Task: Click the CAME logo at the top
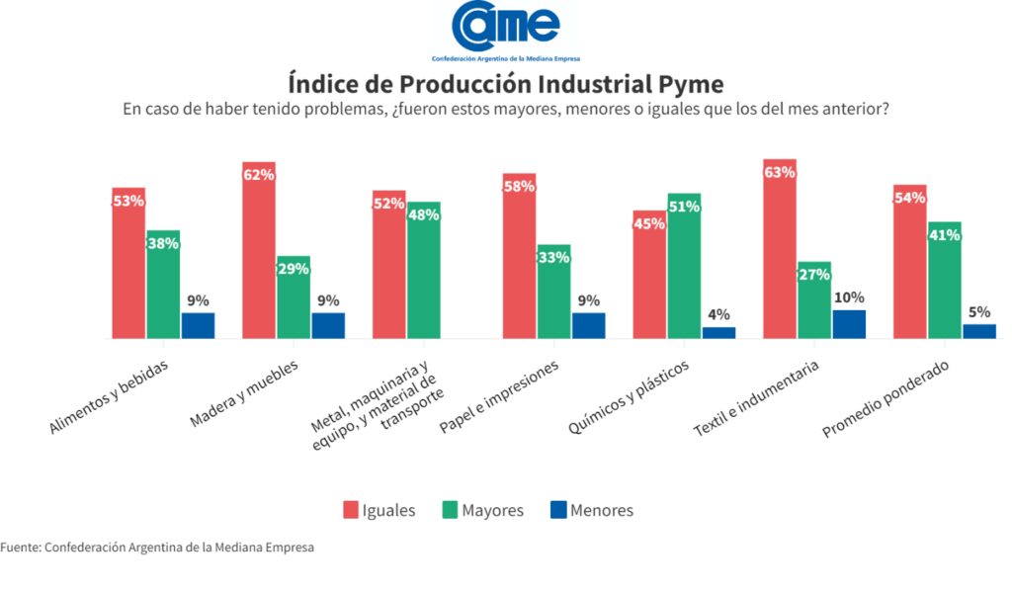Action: click(x=506, y=31)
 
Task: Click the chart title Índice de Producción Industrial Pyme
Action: click(x=506, y=84)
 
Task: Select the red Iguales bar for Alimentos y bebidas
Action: click(x=128, y=263)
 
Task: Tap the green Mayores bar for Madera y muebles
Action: click(x=294, y=297)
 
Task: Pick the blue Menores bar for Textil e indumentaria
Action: click(x=849, y=324)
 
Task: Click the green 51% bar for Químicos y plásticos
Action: click(x=684, y=266)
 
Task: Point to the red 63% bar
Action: click(x=780, y=249)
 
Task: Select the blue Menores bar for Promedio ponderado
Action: click(x=979, y=332)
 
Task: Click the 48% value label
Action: click(x=423, y=214)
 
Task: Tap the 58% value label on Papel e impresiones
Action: click(x=519, y=187)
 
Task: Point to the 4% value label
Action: click(x=719, y=315)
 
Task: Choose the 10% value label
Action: click(x=849, y=297)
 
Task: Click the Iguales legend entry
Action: click(x=379, y=510)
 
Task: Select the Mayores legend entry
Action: click(x=482, y=510)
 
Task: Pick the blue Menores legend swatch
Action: click(x=558, y=510)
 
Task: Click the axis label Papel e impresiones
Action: click(x=499, y=396)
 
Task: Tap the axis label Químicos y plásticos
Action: click(x=629, y=396)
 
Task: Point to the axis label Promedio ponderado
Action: click(x=885, y=398)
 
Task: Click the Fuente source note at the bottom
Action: click(x=157, y=548)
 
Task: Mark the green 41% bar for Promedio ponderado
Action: click(x=944, y=280)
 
